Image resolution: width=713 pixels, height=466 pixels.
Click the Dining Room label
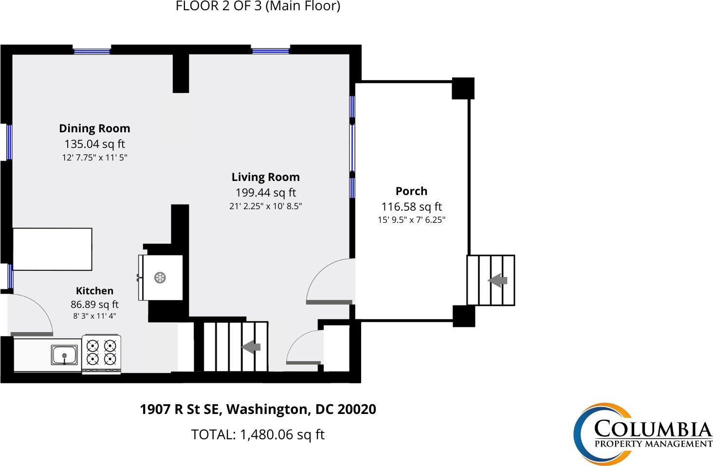click(94, 128)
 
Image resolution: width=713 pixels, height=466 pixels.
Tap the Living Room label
click(265, 177)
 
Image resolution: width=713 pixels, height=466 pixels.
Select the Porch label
click(411, 191)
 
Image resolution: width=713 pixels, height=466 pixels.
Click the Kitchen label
click(94, 291)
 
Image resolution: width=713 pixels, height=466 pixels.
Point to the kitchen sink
click(64, 355)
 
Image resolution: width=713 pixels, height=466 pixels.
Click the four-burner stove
click(102, 354)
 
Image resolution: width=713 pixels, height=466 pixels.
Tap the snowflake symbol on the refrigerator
click(160, 278)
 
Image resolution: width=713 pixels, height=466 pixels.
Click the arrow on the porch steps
click(497, 281)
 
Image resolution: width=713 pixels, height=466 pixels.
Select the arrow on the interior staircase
click(251, 347)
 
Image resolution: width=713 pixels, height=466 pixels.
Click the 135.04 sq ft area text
click(94, 144)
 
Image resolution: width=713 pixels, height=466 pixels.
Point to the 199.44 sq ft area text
click(265, 193)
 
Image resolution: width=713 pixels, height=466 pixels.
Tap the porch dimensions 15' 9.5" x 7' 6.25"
click(411, 220)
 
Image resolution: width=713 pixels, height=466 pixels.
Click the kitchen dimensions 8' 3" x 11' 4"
click(94, 316)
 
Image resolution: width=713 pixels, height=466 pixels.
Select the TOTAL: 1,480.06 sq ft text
click(257, 434)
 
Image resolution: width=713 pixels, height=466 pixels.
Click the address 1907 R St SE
click(180, 410)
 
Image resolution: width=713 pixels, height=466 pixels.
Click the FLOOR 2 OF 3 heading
click(218, 6)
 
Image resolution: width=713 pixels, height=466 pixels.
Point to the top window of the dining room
click(91, 51)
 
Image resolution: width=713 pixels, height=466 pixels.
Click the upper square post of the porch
click(463, 89)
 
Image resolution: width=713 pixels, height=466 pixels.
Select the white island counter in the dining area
click(52, 249)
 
